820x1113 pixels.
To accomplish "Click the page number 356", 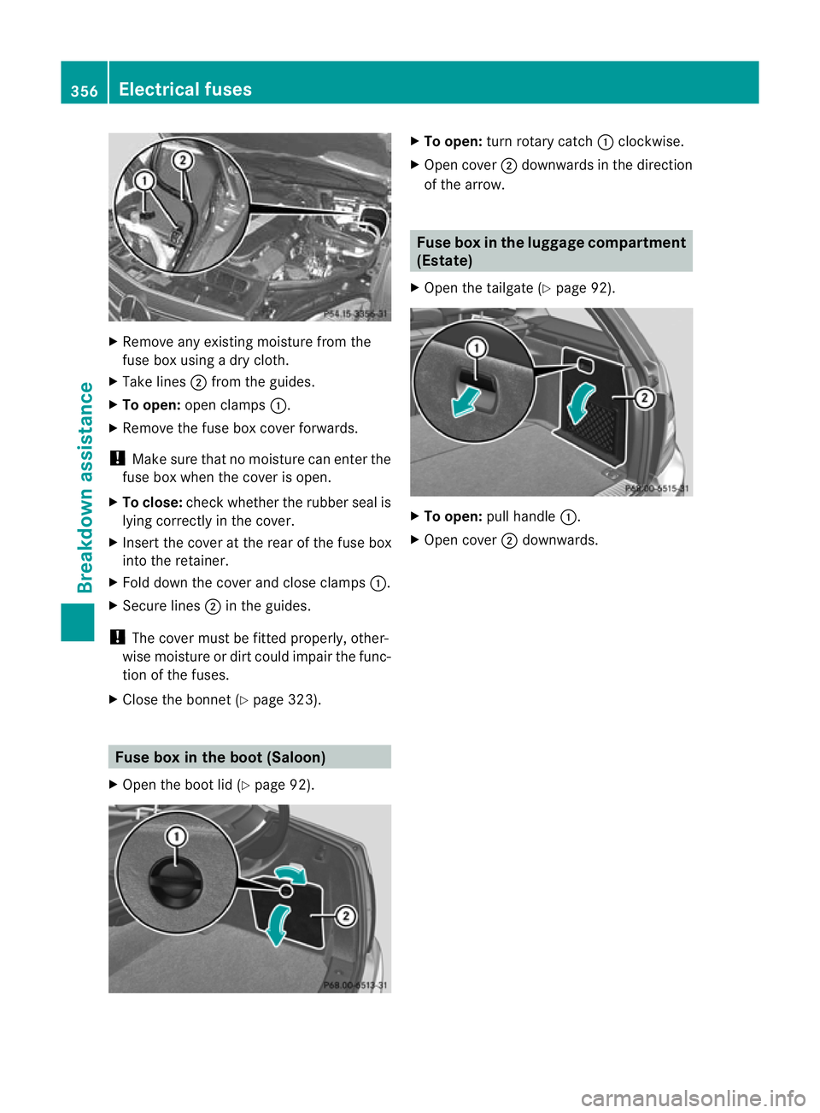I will click(x=84, y=91).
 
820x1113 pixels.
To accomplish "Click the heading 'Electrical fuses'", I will click(x=185, y=89).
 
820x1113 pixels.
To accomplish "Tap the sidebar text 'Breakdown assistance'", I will click(x=85, y=487).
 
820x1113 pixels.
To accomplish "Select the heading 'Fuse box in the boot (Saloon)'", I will click(x=220, y=757).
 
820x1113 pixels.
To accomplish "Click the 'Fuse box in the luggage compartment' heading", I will click(x=551, y=243).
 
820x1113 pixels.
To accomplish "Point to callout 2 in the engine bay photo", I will click(x=182, y=160).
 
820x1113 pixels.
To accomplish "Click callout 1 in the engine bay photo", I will click(x=144, y=180).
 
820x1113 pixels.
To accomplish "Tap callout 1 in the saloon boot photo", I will click(x=176, y=835).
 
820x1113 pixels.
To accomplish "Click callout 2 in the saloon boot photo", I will click(x=345, y=916).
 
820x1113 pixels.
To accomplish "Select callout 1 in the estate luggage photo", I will click(x=476, y=347).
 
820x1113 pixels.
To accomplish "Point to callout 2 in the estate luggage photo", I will click(x=645, y=397).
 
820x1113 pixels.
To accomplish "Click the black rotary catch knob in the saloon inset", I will click(x=176, y=880).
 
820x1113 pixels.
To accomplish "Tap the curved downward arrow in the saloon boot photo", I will click(x=277, y=926).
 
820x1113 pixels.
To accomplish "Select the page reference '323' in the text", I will click(x=301, y=700).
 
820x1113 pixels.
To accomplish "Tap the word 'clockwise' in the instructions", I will click(x=649, y=142).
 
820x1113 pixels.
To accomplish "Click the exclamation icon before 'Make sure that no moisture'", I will click(x=117, y=458).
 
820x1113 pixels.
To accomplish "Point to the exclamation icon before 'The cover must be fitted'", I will click(x=117, y=637).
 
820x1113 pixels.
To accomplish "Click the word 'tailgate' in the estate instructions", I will click(x=509, y=288).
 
